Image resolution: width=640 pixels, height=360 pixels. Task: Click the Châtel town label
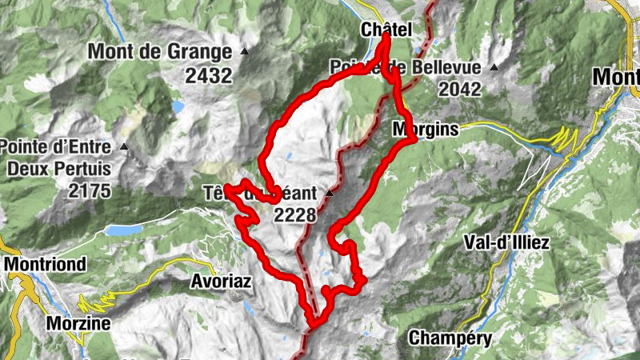386,30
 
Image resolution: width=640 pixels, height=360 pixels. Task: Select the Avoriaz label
221,282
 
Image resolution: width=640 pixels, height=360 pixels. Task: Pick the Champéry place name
450,338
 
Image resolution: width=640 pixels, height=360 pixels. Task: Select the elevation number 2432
206,76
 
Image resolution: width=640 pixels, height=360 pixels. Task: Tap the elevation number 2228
295,214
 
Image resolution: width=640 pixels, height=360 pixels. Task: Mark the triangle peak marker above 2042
496,67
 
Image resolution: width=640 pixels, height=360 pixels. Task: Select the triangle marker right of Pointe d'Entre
124,147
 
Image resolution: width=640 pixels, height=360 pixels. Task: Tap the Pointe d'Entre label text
56,147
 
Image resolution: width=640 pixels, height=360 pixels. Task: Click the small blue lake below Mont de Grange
177,106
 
